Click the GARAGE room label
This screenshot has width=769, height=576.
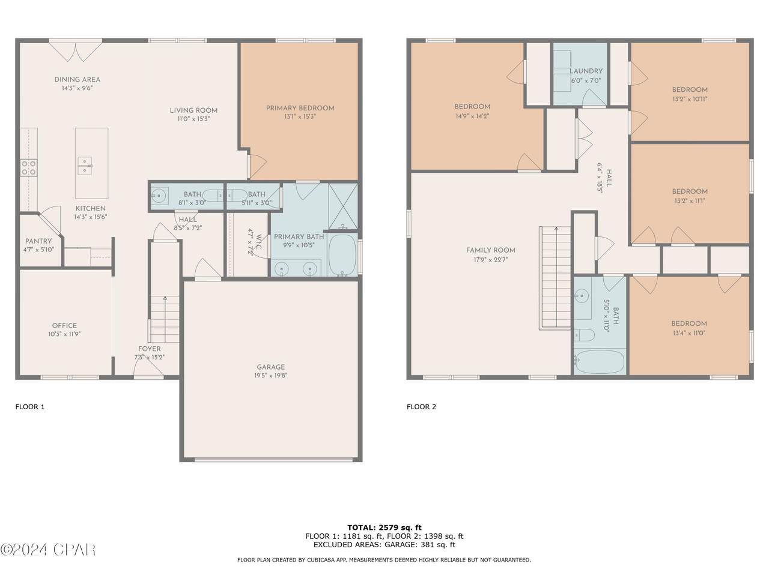click(x=270, y=367)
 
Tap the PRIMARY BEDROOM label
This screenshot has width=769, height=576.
click(x=300, y=109)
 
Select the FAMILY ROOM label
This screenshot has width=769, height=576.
click(x=490, y=250)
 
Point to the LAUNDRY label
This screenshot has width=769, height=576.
click(x=586, y=71)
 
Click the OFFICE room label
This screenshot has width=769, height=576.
click(x=64, y=326)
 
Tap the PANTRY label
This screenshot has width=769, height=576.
click(x=38, y=241)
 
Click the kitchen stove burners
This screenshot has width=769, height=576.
click(x=28, y=167)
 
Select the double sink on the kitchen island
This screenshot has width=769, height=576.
click(x=85, y=166)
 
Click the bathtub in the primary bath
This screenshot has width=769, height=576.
click(x=342, y=254)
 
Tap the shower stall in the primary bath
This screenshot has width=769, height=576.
click(x=343, y=206)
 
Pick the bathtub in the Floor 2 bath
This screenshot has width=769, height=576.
click(x=600, y=362)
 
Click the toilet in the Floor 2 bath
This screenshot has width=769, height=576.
click(x=584, y=335)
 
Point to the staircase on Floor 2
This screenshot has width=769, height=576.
click(x=555, y=278)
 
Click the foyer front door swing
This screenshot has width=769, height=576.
click(x=148, y=370)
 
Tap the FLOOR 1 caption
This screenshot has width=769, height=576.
click(x=30, y=407)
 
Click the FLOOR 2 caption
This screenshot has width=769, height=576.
click(x=421, y=407)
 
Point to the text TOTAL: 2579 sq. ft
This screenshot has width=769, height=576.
click(x=384, y=527)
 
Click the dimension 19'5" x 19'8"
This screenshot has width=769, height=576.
click(x=270, y=376)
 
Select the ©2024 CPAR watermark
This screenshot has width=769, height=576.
click(x=47, y=550)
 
